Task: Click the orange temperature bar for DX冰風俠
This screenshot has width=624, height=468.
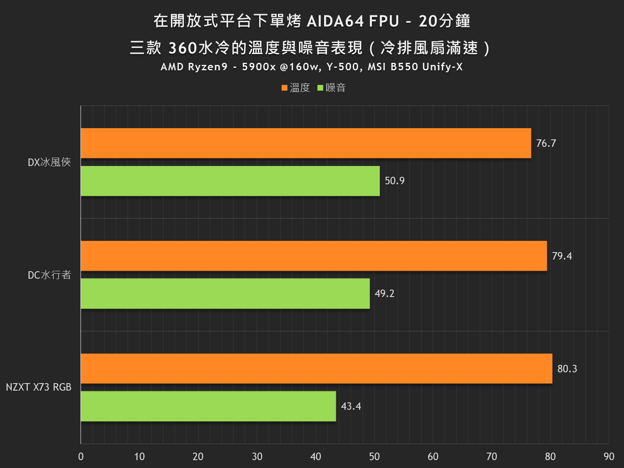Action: point(306,143)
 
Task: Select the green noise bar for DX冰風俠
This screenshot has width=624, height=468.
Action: point(230,181)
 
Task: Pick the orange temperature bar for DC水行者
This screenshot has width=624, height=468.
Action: point(313,256)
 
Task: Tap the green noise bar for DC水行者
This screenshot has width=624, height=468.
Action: point(225,293)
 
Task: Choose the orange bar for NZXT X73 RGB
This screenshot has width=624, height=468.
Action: point(316,369)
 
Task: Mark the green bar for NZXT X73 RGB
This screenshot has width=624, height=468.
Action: point(208,406)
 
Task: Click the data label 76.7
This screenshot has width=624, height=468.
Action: point(546,143)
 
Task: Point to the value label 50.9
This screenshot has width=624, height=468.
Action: point(394,181)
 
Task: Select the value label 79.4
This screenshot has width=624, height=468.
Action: point(562,256)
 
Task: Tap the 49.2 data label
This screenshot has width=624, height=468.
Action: point(385,293)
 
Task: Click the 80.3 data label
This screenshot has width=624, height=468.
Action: point(567,369)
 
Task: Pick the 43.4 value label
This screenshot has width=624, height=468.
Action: point(351,406)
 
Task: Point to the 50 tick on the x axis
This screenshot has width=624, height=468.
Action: point(374,456)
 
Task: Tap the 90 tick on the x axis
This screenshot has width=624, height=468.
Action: point(608,456)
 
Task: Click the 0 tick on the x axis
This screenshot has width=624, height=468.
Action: point(81,456)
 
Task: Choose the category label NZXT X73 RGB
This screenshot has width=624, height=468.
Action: point(39,387)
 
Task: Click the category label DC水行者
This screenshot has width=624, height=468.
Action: point(49,275)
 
